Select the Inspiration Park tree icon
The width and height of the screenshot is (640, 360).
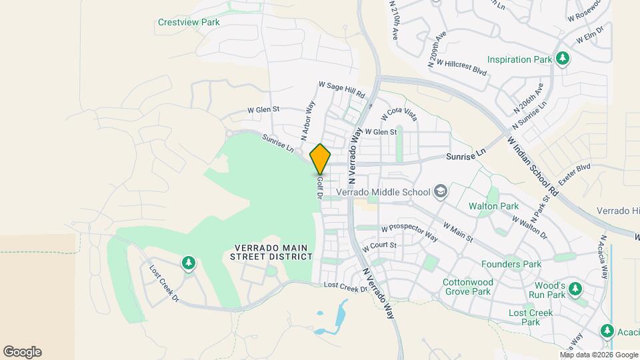[x=563, y=59]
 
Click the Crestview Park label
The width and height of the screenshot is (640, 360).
[x=189, y=22]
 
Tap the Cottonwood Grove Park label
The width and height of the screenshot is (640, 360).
[x=467, y=287]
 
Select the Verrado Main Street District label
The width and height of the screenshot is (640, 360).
[x=271, y=252]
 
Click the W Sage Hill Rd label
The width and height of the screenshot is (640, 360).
[x=343, y=89]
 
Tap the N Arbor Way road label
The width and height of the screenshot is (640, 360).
[x=307, y=121]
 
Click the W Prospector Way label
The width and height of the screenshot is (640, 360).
[x=409, y=233]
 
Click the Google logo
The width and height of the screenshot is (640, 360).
[x=22, y=352]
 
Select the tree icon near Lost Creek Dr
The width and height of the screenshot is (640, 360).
[x=188, y=264]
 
